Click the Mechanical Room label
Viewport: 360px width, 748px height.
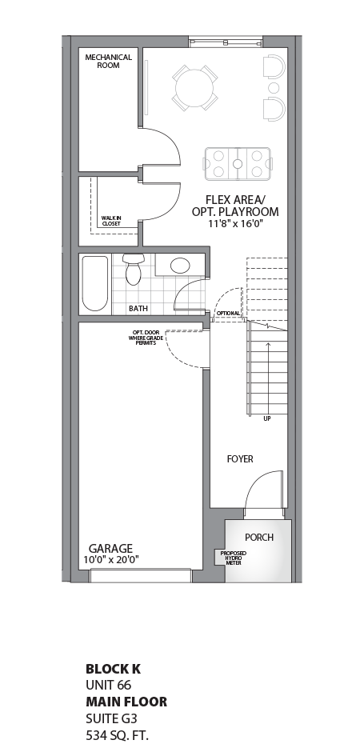[108, 61]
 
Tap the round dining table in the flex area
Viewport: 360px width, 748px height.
[194, 87]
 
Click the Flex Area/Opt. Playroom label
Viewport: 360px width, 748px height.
[235, 206]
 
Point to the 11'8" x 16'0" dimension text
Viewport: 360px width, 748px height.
[235, 224]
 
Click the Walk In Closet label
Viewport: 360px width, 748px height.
[110, 221]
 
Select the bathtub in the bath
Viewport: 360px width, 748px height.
[94, 283]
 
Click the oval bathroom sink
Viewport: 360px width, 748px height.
[181, 266]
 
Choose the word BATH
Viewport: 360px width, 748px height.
[138, 308]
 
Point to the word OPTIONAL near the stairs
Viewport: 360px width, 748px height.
[228, 314]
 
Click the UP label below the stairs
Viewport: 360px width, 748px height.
[267, 418]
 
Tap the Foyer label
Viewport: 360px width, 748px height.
[240, 459]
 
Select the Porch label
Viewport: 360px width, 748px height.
[258, 537]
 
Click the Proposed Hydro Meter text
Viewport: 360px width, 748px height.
[234, 557]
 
